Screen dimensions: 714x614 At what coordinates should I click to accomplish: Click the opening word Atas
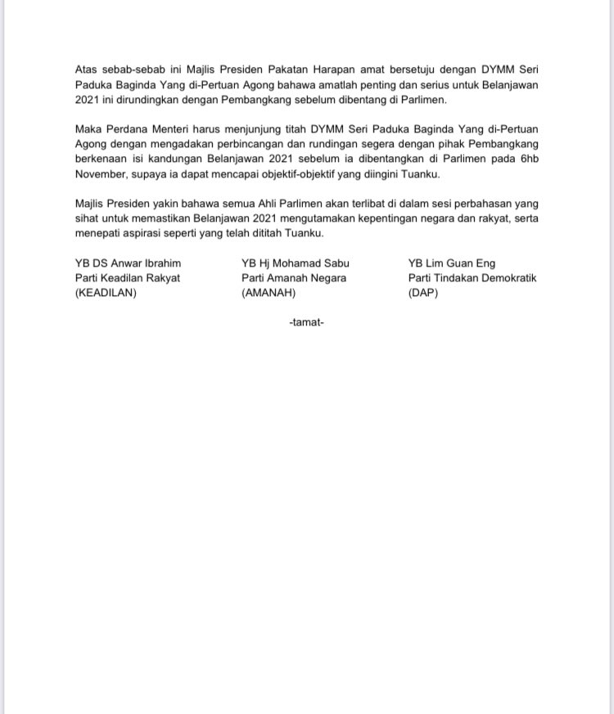(86, 70)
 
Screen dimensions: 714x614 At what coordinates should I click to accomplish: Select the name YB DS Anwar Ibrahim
(127, 263)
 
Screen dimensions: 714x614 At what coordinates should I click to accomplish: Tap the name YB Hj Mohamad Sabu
(295, 263)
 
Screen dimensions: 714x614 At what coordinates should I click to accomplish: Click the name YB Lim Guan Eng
(452, 263)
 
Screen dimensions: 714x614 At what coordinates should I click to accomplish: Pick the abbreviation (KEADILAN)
(106, 293)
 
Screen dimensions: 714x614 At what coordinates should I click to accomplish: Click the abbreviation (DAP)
(423, 293)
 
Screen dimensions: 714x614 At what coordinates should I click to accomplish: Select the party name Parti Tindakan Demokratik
(472, 278)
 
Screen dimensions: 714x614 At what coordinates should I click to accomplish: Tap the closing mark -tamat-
(307, 323)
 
